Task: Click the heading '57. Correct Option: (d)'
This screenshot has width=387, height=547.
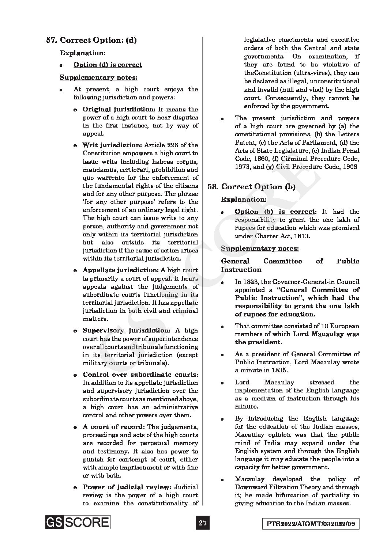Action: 91,40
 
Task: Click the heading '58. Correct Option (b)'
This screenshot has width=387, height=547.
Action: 252,187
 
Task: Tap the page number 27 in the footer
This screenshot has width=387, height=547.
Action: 203,523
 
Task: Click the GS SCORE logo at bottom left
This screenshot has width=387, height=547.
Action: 78,522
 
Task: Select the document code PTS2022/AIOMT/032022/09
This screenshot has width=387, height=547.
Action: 311,524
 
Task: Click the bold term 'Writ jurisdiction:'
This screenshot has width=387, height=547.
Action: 109,145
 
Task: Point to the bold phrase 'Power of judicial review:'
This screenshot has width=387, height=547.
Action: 127,487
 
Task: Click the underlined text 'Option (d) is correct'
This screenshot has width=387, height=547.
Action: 108,65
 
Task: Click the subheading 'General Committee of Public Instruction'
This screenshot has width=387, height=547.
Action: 290,265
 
